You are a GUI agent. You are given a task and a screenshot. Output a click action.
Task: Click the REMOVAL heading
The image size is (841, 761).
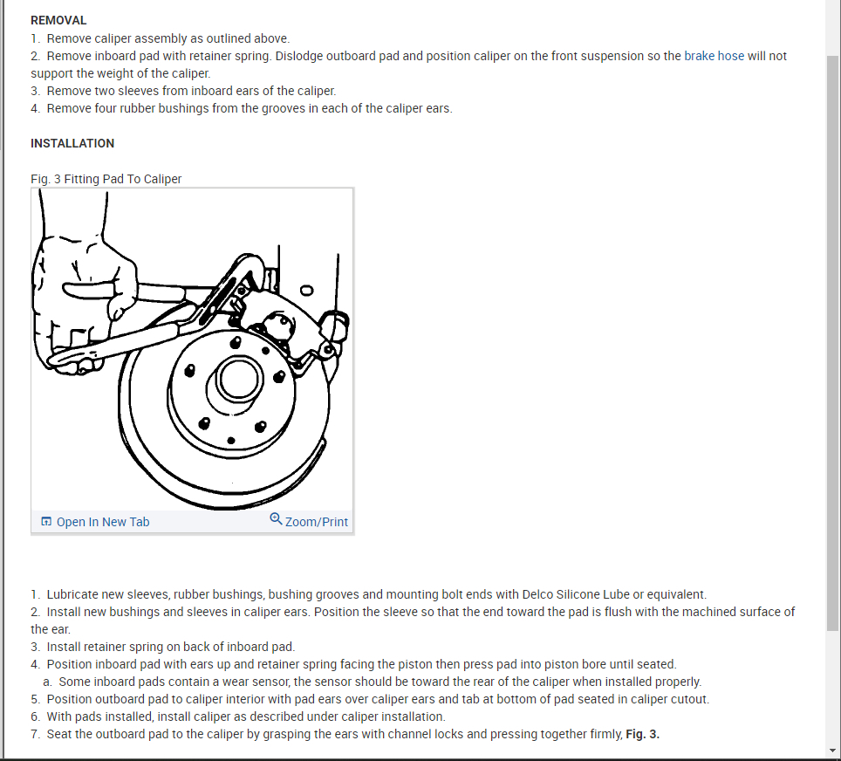click(x=58, y=20)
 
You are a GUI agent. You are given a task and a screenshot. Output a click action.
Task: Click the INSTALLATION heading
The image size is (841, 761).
click(x=72, y=143)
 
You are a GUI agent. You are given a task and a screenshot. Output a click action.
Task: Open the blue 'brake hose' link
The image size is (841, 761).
click(x=714, y=56)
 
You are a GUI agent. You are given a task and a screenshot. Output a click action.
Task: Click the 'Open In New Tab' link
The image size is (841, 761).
click(x=102, y=522)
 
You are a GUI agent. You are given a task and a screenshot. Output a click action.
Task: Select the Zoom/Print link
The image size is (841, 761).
click(x=316, y=522)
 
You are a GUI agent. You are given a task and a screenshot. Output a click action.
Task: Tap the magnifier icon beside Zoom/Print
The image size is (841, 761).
click(x=276, y=519)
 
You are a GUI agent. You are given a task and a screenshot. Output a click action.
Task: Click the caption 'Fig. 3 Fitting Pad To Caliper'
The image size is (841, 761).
click(x=106, y=179)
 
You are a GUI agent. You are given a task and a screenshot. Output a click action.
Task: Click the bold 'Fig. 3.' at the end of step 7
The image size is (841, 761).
click(x=643, y=734)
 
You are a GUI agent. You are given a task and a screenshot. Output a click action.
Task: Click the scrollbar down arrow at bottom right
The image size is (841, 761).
click(x=833, y=751)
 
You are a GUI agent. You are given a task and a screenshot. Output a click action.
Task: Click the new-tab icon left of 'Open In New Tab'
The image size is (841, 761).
click(x=46, y=522)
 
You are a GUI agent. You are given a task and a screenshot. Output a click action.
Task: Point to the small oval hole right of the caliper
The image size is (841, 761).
click(x=305, y=291)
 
